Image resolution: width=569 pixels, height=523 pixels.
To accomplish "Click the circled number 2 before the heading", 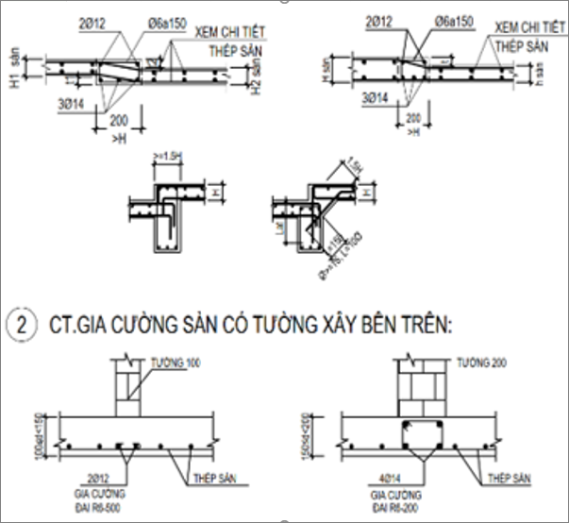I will [20, 324].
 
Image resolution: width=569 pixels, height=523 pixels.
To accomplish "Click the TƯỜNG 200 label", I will [477, 363].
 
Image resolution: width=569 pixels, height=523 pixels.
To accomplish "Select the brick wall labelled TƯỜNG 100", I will [129, 389].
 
